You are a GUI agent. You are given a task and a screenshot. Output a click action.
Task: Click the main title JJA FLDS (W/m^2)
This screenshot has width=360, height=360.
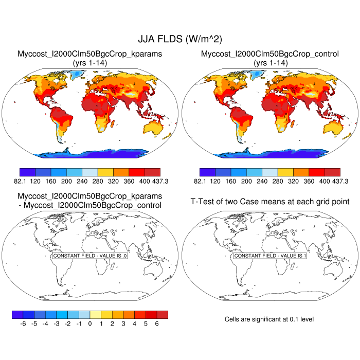coord(180,39)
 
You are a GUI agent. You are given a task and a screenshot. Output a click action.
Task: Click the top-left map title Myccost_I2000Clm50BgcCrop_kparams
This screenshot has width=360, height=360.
coord(90,54)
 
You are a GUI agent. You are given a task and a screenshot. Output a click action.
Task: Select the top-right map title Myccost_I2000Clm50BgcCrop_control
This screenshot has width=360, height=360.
coord(271,54)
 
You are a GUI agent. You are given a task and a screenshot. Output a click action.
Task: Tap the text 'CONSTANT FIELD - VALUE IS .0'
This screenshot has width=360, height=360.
coord(90,256)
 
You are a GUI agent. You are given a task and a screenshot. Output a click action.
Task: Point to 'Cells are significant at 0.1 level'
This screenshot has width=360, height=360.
coord(269,319)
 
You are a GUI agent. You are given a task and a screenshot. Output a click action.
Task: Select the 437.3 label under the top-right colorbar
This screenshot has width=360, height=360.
coord(340,181)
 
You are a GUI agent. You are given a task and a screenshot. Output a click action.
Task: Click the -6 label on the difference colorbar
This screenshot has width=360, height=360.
coord(23,324)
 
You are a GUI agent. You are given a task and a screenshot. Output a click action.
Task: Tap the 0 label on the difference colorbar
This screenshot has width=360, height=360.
coord(90,324)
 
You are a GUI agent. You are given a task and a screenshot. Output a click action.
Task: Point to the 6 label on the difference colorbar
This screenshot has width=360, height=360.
coord(157,324)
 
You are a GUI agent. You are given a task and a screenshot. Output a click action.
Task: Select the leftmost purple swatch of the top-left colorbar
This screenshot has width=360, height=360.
coord(27,172)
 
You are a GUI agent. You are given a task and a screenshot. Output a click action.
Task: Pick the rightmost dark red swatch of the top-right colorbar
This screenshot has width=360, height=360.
coord(332,172)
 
